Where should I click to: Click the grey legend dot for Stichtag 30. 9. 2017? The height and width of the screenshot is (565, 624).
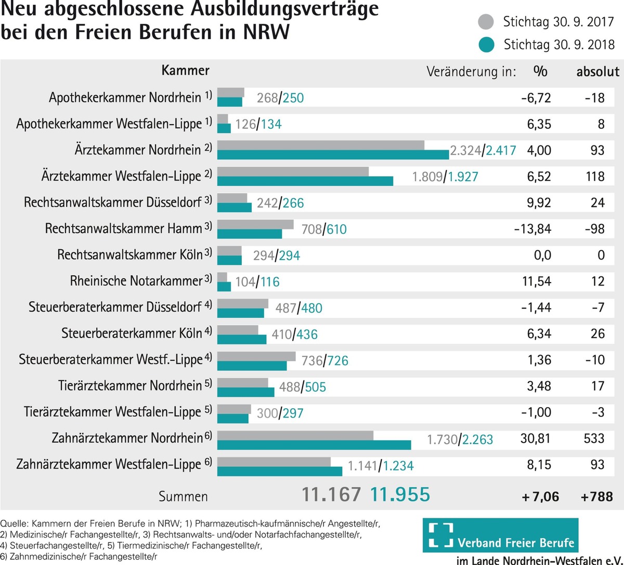coord(486,22)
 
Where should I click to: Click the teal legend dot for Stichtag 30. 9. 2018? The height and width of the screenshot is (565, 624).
coord(486,45)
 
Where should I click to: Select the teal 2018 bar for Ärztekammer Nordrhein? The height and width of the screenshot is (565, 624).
coord(333,155)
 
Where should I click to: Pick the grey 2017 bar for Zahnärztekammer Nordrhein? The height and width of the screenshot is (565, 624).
coord(295,435)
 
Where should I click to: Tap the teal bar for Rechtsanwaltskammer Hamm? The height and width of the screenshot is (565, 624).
coord(249,234)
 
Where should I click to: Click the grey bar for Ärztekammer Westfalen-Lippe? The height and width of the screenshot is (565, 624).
coord(293,171)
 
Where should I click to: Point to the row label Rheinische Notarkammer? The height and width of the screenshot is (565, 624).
coord(136,281)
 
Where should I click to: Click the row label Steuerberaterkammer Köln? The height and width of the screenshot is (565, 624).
coord(132,333)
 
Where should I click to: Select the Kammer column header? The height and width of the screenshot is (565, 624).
coord(185,71)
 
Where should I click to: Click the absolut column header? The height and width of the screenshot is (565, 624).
coord(597,72)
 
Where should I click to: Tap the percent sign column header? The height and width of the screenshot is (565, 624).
coord(540,71)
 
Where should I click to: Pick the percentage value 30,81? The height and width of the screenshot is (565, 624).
coord(535,439)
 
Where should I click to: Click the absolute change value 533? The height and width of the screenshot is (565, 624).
coord(594,439)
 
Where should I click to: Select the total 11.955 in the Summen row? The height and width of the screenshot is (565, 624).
coord(400,495)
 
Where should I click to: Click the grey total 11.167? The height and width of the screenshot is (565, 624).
coord(331,495)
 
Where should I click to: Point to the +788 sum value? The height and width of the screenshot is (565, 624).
coord(596,497)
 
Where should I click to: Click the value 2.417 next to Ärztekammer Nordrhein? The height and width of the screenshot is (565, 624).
coord(500,151)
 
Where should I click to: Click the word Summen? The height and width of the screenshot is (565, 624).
coord(183,497)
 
